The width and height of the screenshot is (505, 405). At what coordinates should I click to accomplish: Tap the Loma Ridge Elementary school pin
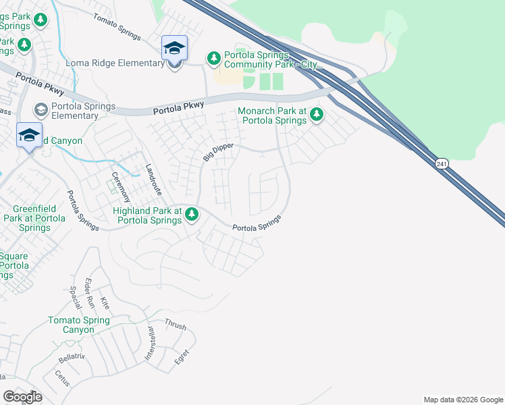[174, 49]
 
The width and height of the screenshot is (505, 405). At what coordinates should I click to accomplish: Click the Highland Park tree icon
[192, 215]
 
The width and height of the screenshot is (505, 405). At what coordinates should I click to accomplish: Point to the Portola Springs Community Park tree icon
[213, 59]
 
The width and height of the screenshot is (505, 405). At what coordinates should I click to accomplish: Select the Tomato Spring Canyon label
[80, 325]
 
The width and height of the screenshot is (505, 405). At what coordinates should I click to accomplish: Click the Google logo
[22, 396]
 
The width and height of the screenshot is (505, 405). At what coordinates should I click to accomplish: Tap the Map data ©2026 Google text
[462, 400]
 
